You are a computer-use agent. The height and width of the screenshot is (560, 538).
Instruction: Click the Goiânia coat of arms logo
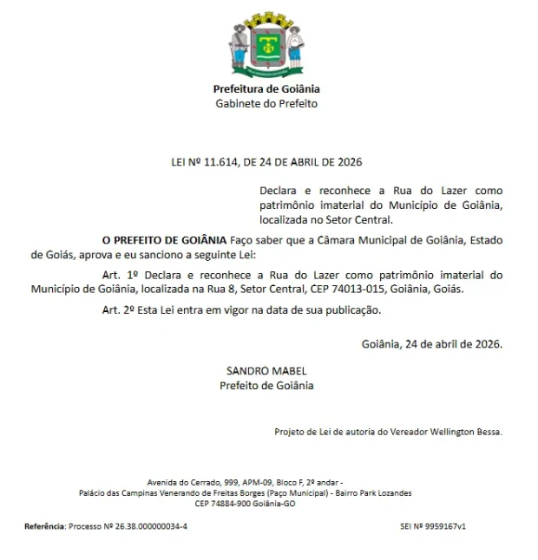(x=266, y=43)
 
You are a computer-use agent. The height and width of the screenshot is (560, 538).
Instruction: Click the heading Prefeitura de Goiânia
(x=266, y=89)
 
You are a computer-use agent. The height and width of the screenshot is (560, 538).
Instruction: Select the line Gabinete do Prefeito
(x=266, y=104)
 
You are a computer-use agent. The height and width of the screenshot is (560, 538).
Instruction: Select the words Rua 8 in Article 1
(x=218, y=289)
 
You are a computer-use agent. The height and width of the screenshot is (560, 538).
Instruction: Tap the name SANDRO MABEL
(x=266, y=371)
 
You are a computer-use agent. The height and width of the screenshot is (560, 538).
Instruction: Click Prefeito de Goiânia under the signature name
(x=266, y=386)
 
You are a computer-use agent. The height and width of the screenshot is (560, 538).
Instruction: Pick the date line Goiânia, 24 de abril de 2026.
(x=431, y=343)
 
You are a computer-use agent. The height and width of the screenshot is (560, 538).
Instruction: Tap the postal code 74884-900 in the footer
(x=230, y=504)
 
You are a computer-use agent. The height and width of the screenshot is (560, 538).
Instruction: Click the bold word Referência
(x=44, y=526)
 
